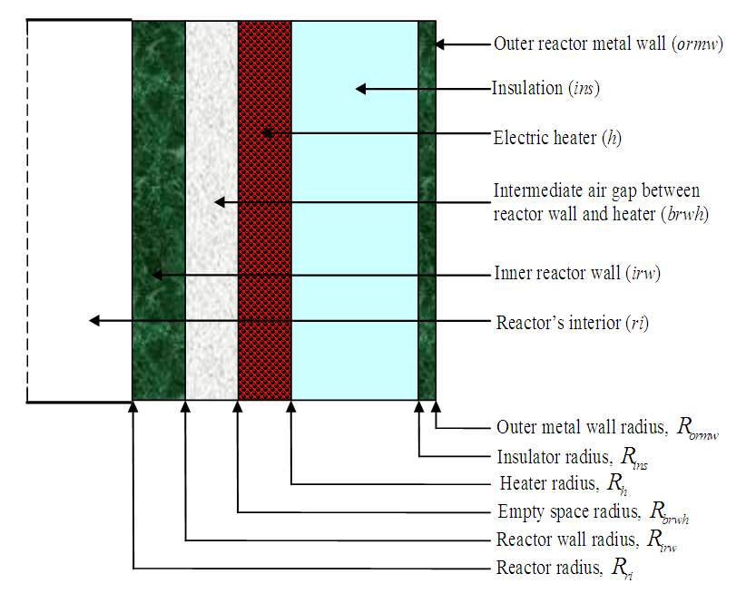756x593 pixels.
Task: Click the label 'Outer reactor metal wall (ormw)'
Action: [x=608, y=44]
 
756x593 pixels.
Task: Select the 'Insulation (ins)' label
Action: [x=545, y=89]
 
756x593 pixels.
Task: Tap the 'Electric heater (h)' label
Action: [x=556, y=138]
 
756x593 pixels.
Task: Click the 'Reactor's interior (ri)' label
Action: [x=573, y=322]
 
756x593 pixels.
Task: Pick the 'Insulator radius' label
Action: [x=573, y=458]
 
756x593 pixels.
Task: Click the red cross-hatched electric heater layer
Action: [x=265, y=272]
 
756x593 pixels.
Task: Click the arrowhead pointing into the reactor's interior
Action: [x=93, y=320]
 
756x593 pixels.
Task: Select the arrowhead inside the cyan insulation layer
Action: [x=359, y=89]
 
